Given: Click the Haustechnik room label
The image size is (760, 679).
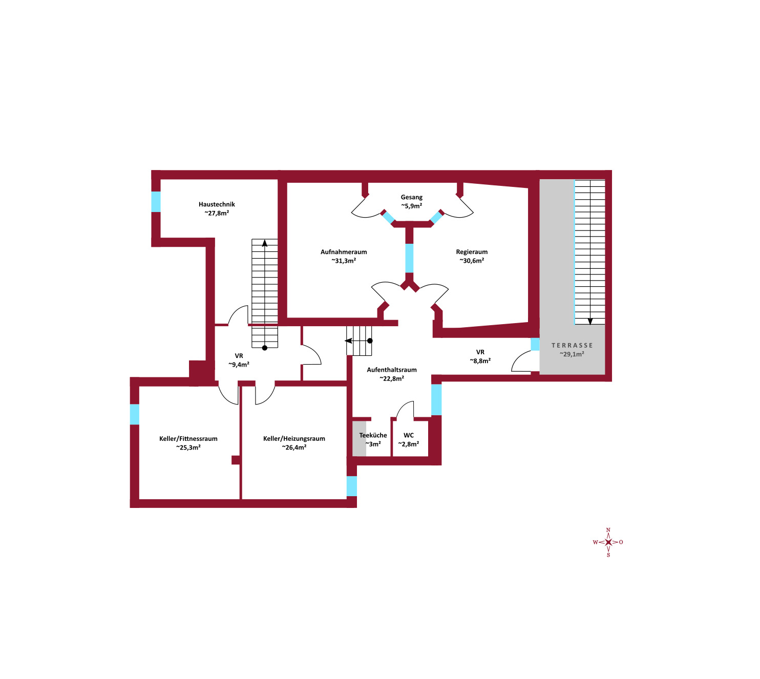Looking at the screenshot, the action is click(217, 204).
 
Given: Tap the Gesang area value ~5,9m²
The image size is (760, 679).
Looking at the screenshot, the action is click(412, 205).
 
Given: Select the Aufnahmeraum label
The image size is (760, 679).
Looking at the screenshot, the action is click(344, 252).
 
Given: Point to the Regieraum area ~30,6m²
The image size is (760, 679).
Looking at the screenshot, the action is click(472, 260).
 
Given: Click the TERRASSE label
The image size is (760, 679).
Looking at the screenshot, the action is click(572, 345).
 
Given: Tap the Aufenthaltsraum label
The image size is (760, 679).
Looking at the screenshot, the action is click(392, 370).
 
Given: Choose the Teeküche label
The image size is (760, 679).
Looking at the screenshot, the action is click(373, 435).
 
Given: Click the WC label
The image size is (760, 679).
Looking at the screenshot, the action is click(409, 435).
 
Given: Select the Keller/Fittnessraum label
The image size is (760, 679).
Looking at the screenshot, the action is click(188, 438).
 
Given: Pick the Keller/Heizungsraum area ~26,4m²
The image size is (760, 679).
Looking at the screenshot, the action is click(294, 447).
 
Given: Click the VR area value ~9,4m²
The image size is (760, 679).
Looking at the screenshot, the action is click(239, 364).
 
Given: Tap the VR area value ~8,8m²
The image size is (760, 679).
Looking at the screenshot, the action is click(480, 360).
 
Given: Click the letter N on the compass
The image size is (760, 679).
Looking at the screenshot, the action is click(608, 529).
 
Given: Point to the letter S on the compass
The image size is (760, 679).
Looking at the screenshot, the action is click(608, 555).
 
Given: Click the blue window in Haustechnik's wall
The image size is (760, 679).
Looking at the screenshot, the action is click(156, 202).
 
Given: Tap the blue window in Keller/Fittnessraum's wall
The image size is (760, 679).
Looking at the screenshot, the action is click(134, 414).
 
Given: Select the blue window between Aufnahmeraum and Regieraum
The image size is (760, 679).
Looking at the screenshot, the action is click(409, 258).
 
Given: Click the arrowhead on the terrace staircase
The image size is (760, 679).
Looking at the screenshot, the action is click(590, 322).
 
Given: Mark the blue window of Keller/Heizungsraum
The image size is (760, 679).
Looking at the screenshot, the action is click(351, 486).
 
